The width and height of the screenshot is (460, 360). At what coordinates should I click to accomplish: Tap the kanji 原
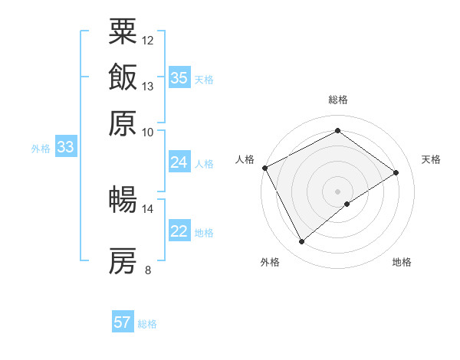pos(123,123)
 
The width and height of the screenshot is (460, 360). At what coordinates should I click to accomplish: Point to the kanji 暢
pos(123,200)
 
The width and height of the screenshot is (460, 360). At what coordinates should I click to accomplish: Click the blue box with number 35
pos(179,77)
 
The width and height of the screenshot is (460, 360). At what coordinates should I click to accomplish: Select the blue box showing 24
pos(179,162)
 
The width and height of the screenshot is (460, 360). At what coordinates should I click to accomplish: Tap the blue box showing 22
pos(179,232)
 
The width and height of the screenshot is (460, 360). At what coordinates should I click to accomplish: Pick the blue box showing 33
pos(65,148)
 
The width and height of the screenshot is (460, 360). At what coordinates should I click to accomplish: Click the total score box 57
pos(123,322)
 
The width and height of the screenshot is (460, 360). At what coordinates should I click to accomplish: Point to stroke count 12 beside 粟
pos(148,40)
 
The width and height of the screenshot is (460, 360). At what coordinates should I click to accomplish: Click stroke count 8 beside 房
pos(148,270)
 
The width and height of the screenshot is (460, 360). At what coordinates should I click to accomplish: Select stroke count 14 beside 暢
pos(148,208)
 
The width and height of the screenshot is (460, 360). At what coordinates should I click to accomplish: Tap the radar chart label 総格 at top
pos(338,100)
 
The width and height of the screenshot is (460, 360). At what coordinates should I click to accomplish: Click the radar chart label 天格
pos(431,159)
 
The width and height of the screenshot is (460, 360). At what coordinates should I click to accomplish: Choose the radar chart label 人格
pos(245,159)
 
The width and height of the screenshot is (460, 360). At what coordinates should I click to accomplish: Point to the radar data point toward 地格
pos(347,204)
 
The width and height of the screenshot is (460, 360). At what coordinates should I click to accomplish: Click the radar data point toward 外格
pos(302,242)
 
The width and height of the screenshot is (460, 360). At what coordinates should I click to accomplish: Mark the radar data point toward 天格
pos(396,172)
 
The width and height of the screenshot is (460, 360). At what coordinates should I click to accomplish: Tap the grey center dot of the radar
pos(338,191)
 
